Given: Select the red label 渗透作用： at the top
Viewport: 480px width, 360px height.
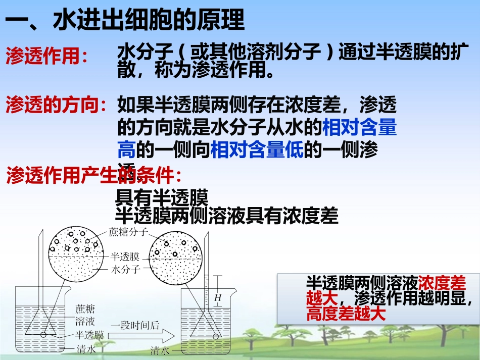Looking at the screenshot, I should tap(46, 56).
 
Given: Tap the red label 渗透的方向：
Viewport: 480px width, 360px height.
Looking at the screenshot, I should tap(57, 105).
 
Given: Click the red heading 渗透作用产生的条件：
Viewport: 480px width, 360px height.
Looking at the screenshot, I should tap(94, 175).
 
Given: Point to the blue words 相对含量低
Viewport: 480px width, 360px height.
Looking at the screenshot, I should tap(257, 150).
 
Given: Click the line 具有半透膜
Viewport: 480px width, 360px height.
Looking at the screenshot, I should tap(162, 197).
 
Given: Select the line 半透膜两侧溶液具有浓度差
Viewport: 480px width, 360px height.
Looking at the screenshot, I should tap(226, 216).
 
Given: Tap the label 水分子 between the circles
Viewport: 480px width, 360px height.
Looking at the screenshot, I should tap(125, 269).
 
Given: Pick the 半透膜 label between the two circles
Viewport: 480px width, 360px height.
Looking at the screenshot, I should tap(125, 256).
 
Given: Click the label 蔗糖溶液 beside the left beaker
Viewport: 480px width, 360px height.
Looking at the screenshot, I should tap(85, 315).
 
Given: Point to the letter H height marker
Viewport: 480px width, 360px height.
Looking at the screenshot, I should tap(218, 298).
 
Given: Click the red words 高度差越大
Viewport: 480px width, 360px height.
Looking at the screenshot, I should tap(346, 315).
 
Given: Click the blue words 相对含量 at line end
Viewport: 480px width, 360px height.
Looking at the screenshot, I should tap(359, 128).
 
